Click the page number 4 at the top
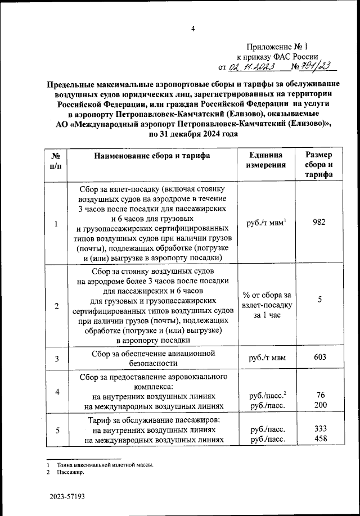192,29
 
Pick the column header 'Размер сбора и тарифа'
318,165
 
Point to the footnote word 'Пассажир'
70,473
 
